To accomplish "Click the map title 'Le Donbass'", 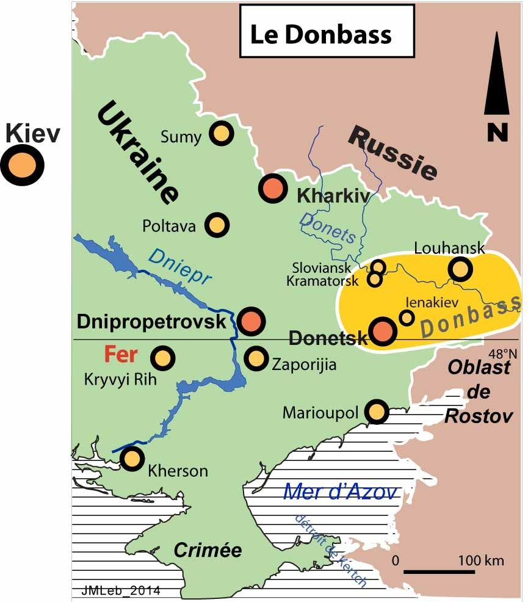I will (320, 34).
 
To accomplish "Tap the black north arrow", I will (497, 76).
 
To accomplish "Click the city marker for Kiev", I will (22, 165).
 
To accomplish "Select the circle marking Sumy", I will (221, 133).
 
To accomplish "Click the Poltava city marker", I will (217, 225).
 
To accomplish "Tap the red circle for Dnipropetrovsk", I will (250, 321).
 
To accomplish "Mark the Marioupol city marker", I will (377, 412).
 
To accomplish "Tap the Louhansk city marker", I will (460, 268).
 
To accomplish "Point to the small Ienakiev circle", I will (407, 317).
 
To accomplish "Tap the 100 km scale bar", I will (440, 572).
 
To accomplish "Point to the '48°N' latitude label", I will (502, 353).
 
